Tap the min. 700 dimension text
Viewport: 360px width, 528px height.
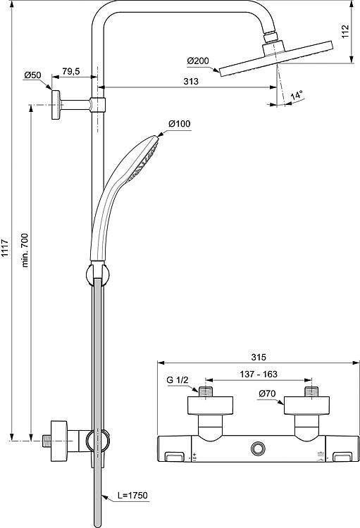tap(25, 250)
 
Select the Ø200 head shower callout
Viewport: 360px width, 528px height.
tap(198, 61)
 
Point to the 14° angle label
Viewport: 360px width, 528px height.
tap(297, 94)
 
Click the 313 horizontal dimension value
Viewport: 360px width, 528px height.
tap(191, 81)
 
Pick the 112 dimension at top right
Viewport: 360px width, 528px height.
tap(345, 31)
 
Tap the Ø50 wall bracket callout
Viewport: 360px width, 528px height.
tap(32, 75)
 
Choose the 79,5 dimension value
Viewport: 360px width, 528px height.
tap(70, 71)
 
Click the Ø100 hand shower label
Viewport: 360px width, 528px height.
tap(180, 124)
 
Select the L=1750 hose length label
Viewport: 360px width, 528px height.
tap(132, 495)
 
